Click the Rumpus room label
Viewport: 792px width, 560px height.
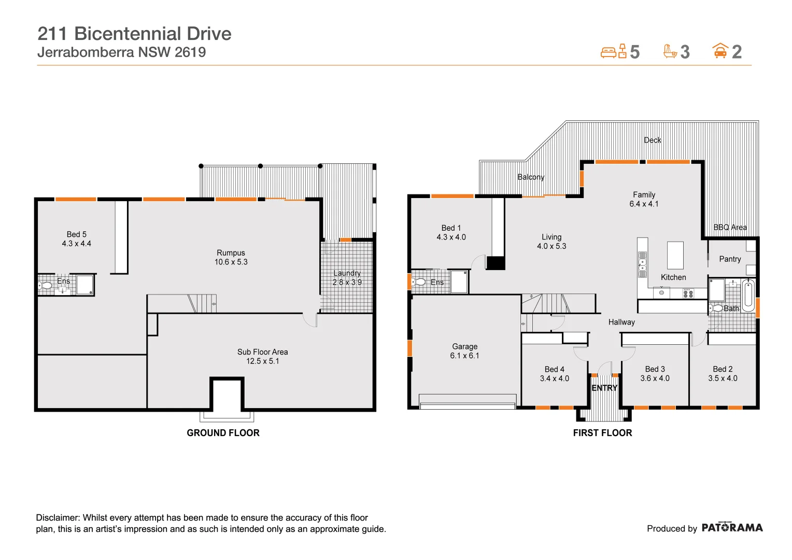(231, 253)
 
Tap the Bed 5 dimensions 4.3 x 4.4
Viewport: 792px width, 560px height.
(76, 244)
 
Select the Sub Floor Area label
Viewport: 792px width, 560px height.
(262, 352)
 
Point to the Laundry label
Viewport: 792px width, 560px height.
(347, 273)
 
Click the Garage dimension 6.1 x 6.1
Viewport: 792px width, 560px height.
(464, 356)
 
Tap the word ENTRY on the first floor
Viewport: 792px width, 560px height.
(604, 388)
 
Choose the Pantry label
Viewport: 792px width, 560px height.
(730, 259)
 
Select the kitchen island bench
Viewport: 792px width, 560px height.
(675, 255)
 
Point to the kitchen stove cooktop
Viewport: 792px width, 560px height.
(688, 293)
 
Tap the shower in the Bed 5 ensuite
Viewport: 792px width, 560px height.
(85, 285)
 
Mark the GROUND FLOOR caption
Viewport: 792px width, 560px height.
(223, 433)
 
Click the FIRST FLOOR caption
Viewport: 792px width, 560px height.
(602, 433)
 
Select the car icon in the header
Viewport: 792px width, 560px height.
(720, 51)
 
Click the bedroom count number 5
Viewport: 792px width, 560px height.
(634, 52)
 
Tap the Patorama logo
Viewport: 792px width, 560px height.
(732, 528)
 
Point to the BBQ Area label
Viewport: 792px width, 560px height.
(730, 228)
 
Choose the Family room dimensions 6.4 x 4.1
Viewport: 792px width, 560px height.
(644, 204)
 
